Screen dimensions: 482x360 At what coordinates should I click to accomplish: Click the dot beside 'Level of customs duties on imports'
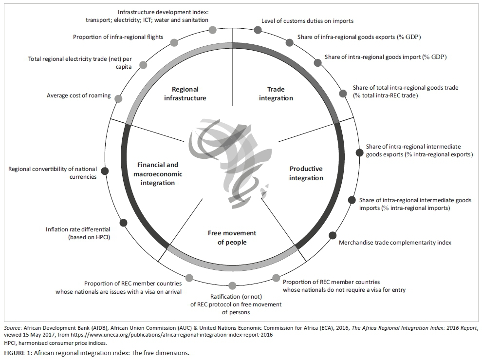[x=258, y=30]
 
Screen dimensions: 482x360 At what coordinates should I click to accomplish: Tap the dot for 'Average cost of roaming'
[x=118, y=99]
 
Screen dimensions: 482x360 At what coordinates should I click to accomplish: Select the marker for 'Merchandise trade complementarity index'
[x=333, y=235]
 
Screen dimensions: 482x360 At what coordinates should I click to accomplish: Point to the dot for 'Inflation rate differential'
[x=123, y=223]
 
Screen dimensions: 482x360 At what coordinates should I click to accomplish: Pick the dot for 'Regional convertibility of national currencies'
[x=105, y=171]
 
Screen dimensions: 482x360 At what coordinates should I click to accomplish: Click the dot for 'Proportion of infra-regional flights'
[x=174, y=42]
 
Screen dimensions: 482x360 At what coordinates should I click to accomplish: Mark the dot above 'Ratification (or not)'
[x=232, y=285]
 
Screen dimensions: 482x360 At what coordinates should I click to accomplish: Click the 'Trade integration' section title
[x=276, y=94]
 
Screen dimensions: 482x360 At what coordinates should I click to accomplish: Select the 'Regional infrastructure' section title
[x=185, y=94]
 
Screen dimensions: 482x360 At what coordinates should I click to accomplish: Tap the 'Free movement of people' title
[x=232, y=238]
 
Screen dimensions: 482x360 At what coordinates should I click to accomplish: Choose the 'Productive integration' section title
[x=306, y=173]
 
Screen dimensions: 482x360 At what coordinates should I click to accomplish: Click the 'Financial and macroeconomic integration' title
[x=158, y=174]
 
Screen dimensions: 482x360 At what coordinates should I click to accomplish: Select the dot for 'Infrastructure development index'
[x=212, y=30]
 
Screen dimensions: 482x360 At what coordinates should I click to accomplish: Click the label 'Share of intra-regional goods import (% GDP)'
[x=386, y=57]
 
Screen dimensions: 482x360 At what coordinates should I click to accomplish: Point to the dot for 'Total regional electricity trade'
[x=143, y=65]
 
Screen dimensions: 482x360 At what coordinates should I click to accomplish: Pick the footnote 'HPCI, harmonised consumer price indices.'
[x=56, y=343]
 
